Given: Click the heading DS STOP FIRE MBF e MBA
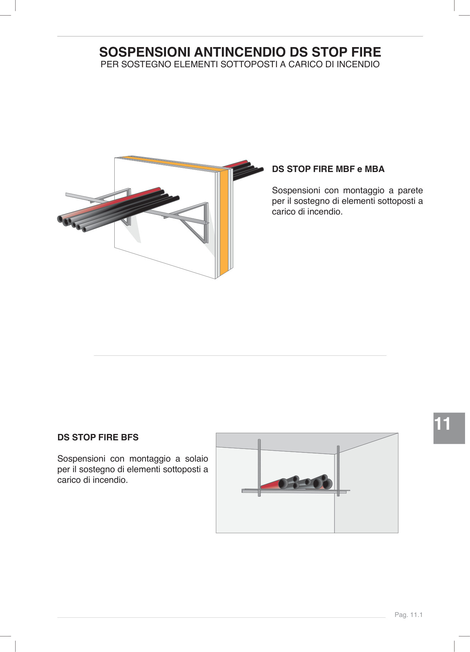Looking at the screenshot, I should click(328, 169).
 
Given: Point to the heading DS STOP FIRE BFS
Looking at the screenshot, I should click(98, 437).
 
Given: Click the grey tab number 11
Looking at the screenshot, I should click(442, 424).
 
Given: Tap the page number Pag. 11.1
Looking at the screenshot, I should click(409, 615).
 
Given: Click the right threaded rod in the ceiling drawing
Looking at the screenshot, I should click(338, 467).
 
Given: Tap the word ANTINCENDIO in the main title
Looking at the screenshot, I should click(240, 52).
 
